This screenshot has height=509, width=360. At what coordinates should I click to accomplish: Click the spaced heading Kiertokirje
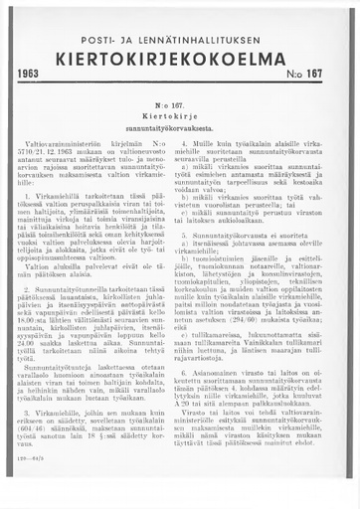tap(180, 114)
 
